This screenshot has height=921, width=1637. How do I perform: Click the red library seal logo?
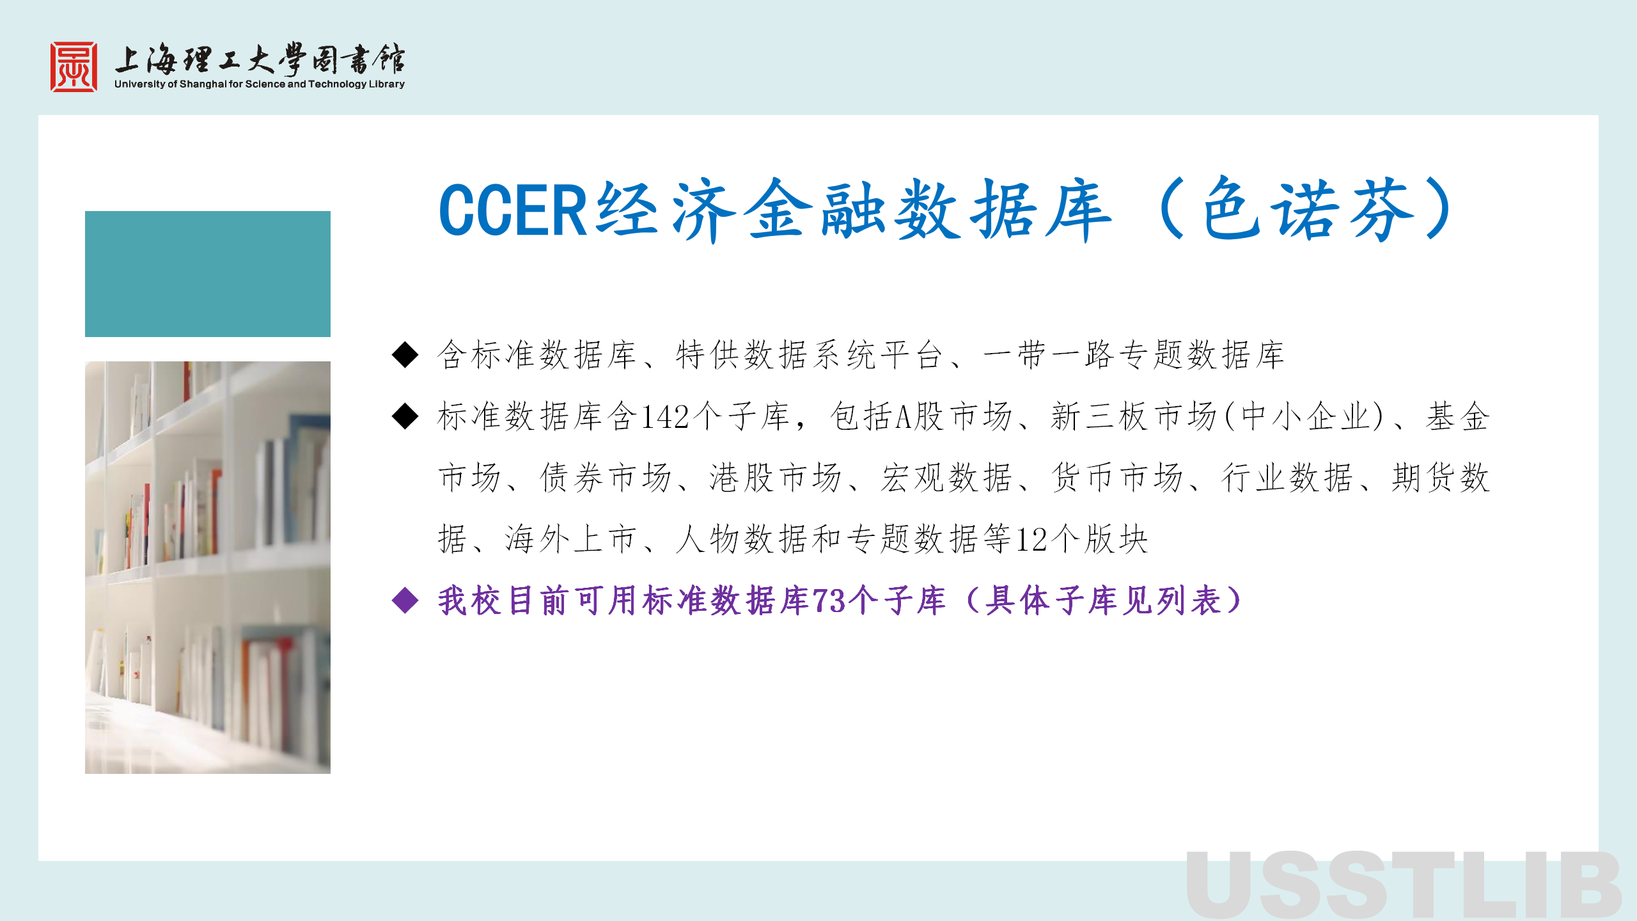tap(74, 67)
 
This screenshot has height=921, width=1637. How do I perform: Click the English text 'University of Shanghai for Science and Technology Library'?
tap(260, 84)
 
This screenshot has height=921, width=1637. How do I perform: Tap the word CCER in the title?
tap(513, 210)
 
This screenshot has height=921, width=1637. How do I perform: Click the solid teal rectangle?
tap(208, 274)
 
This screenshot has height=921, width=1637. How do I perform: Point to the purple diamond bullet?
tap(405, 601)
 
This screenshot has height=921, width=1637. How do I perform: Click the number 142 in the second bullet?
tap(665, 417)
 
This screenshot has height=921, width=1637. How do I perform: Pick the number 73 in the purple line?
tap(829, 601)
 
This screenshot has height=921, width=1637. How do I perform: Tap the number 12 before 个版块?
tap(1031, 539)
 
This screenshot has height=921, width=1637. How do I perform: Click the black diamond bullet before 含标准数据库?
tap(405, 355)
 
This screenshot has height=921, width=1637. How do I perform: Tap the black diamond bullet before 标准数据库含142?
tap(405, 417)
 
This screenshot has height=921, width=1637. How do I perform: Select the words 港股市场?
tap(776, 478)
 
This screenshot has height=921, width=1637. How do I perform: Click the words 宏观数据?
tap(946, 478)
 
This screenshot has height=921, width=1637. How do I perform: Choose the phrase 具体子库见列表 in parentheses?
tap(1104, 601)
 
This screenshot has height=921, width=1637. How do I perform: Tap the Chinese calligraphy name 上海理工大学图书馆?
tap(260, 59)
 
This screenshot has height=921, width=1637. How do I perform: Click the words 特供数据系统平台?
tap(809, 355)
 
